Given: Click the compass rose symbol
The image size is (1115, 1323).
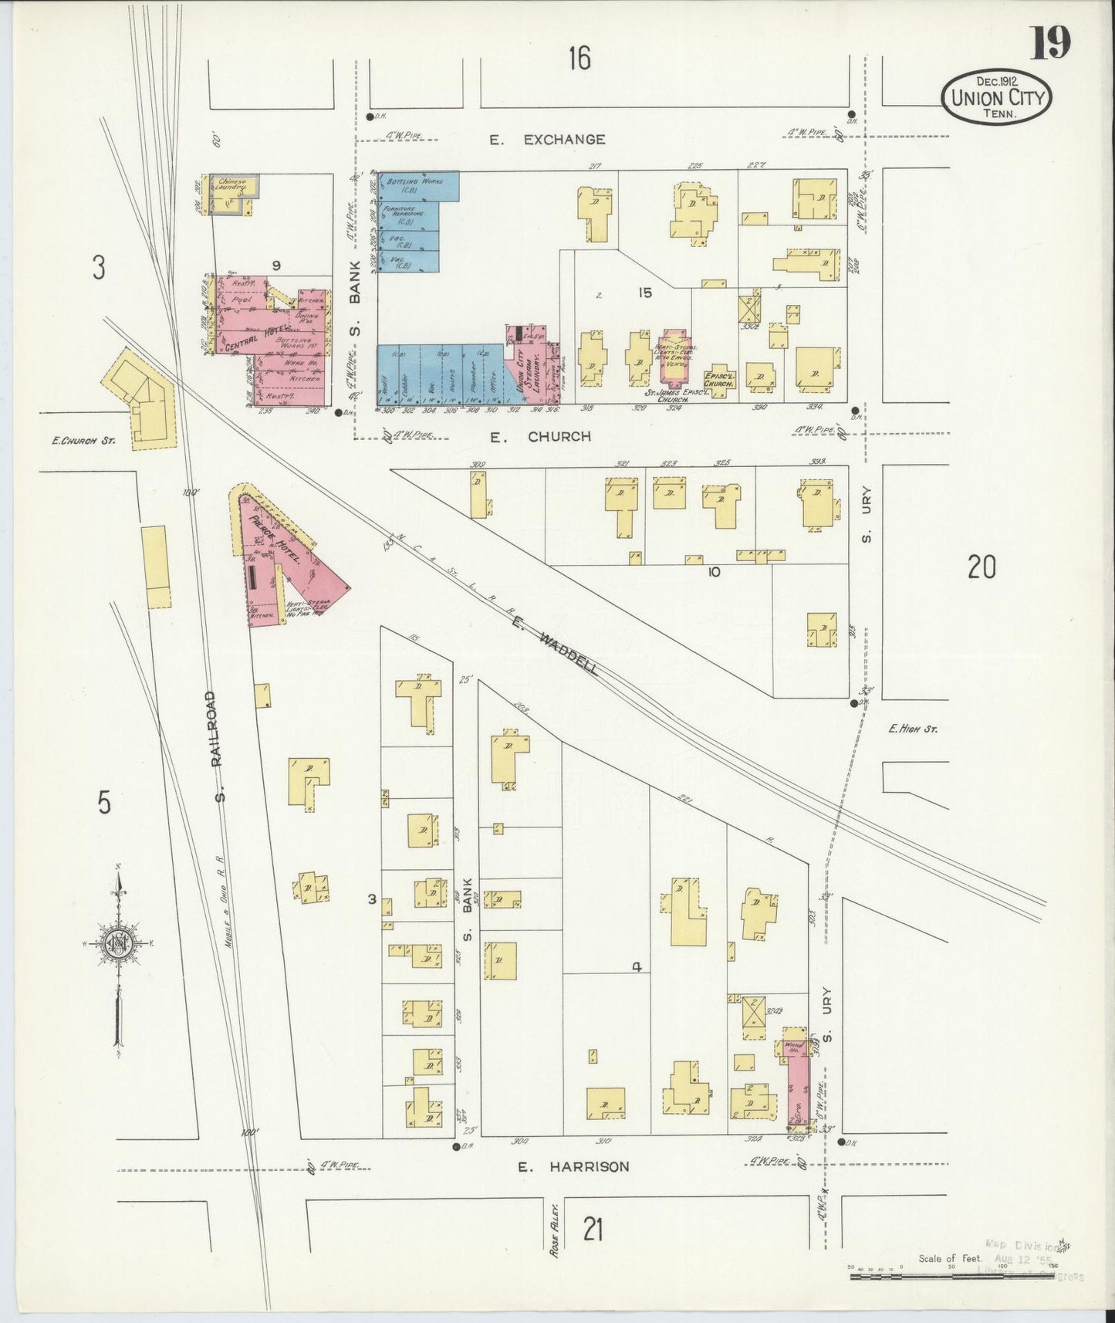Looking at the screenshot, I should pos(120,946).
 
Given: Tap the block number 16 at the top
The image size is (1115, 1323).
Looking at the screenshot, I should pos(579,59).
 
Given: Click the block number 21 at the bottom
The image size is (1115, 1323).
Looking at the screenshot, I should pos(592,1229).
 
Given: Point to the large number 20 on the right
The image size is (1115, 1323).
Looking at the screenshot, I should pos(982,567).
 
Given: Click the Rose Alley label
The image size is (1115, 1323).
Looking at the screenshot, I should pos(554,1237).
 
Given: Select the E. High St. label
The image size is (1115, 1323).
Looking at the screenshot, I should pos(913,729).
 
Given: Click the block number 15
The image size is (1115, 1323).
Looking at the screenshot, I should pos(645,293).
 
